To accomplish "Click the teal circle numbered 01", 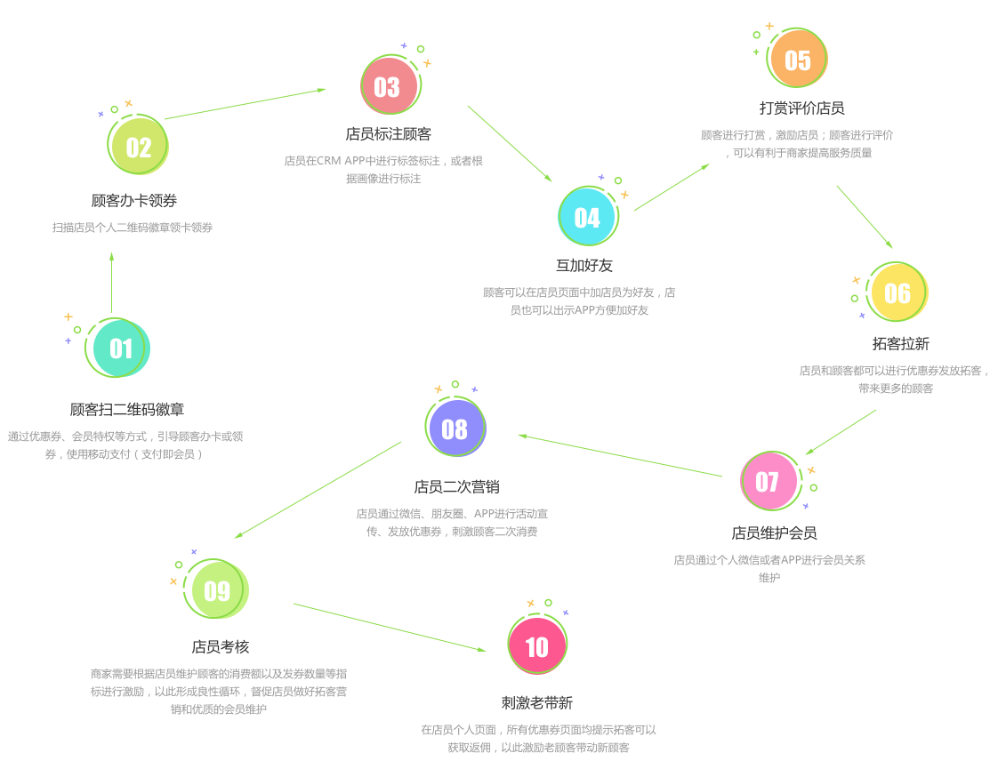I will click(120, 348).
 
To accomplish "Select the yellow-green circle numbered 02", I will click(139, 147).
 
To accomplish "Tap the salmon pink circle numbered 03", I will click(388, 86).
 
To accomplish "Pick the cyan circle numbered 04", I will click(587, 217).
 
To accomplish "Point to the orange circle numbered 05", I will click(798, 60).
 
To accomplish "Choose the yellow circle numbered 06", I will click(897, 292).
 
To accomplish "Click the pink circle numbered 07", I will click(769, 481).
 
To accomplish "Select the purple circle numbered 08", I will click(455, 428).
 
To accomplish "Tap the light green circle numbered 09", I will click(217, 590).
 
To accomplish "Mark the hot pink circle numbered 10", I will click(537, 645).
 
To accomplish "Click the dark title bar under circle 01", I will click(127, 409).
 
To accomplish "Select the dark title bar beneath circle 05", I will click(802, 108).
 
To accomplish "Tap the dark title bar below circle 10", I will click(537, 702).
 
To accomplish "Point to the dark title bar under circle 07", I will click(775, 533).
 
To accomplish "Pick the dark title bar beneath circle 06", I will click(901, 343).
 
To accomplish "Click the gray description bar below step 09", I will click(219, 691).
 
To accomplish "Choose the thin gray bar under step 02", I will click(133, 228).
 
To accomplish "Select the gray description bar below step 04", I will click(579, 301).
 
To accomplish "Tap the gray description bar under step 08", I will click(452, 522).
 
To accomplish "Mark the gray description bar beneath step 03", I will click(383, 170).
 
